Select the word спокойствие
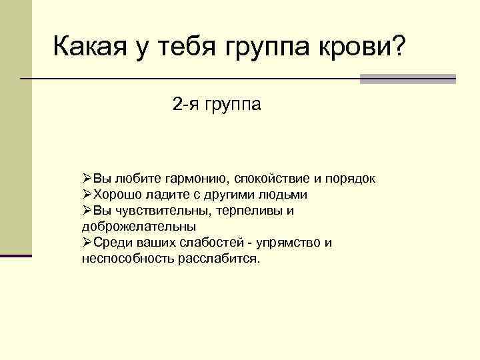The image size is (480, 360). coord(271,180)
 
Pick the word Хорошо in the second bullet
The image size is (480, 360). coord(114,195)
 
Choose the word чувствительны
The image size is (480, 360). coord(162,211)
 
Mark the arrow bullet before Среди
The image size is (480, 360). coord(87,242)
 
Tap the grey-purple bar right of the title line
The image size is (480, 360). coord(407,79)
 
